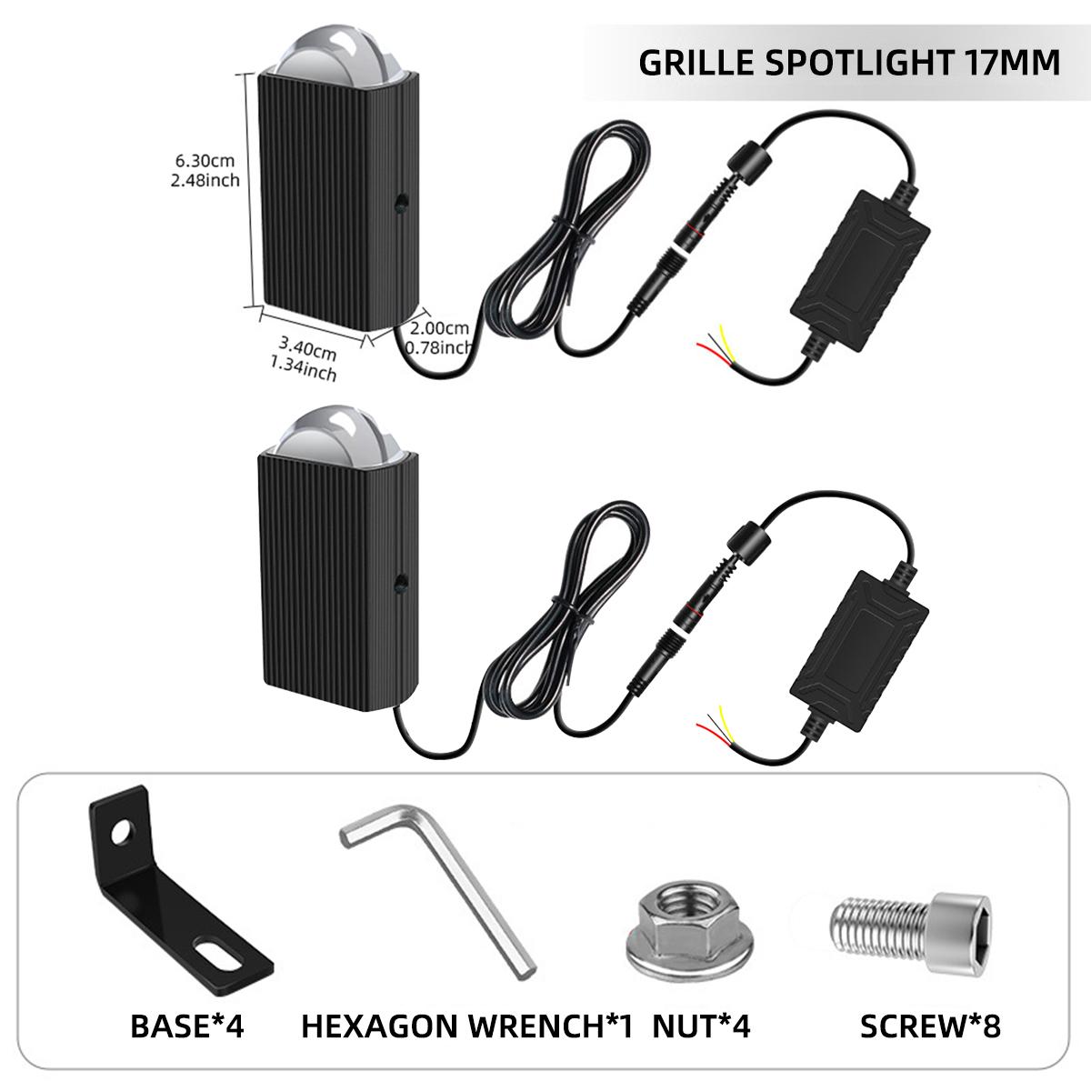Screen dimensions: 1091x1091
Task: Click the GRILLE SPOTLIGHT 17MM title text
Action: click(849, 62)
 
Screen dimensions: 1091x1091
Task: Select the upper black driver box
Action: click(859, 264)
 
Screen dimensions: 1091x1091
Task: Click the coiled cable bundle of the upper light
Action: click(568, 236)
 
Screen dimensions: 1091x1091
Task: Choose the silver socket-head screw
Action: click(900, 927)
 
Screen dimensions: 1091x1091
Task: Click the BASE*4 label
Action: click(187, 1026)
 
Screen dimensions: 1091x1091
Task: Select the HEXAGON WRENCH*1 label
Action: click(465, 1026)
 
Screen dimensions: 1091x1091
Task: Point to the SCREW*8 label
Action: click(929, 1026)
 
